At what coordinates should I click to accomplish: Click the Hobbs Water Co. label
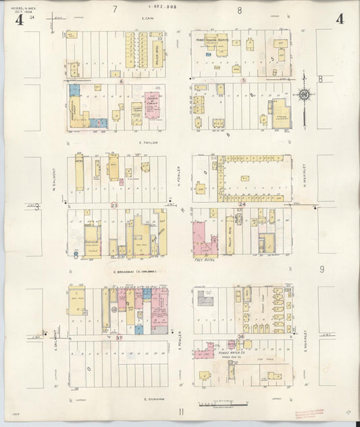[214, 353]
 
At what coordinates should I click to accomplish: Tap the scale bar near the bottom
[217, 405]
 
